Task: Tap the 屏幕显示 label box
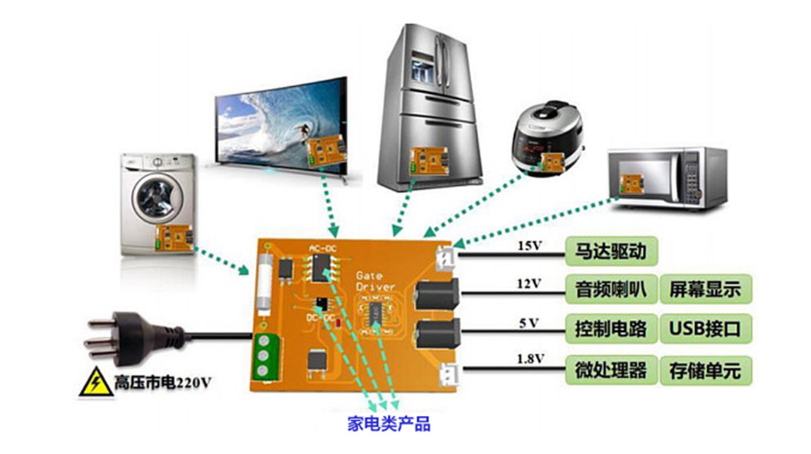tap(705, 289)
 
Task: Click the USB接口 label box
tap(705, 329)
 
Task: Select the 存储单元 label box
tap(705, 370)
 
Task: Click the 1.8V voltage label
tap(529, 359)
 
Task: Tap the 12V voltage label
tap(529, 283)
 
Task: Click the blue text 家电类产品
tap(389, 424)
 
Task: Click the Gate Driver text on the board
tap(374, 281)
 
